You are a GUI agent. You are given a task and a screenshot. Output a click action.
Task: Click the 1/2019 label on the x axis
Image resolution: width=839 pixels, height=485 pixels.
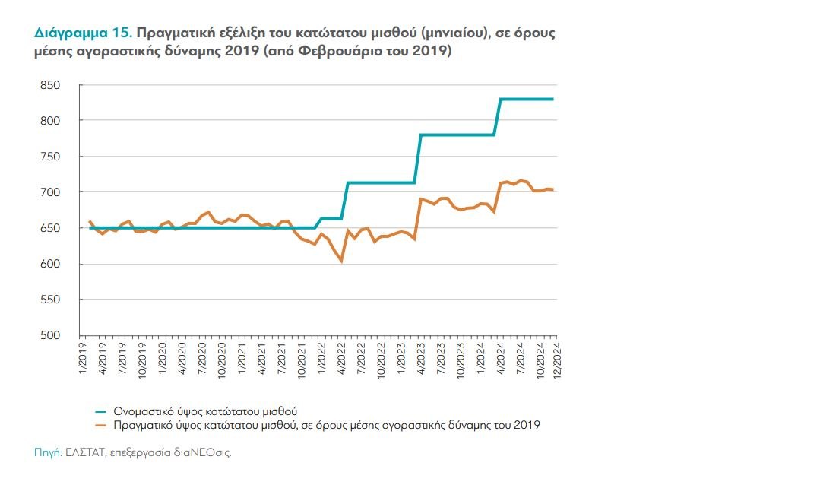point(83,356)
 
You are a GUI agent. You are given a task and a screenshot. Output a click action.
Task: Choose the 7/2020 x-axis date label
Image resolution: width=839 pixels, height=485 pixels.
point(202,356)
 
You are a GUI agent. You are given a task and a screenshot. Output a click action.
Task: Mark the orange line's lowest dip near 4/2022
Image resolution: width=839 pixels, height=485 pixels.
point(341,261)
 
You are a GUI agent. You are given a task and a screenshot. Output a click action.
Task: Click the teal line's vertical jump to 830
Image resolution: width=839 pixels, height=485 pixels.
point(499,118)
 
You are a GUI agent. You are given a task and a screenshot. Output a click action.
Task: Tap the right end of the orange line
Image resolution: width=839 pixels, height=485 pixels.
point(552,189)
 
